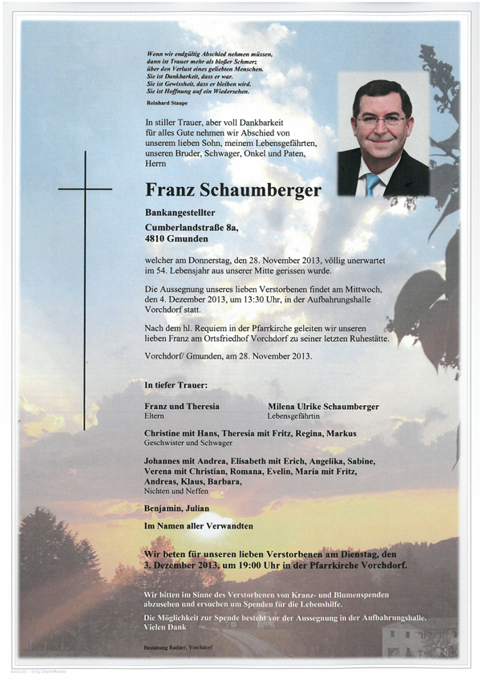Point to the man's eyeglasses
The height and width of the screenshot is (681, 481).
pos(382,120)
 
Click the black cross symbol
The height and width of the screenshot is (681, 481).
pos(85,190)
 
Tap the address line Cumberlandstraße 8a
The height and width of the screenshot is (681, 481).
pos(191,228)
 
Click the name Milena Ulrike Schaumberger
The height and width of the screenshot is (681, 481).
pos(323,407)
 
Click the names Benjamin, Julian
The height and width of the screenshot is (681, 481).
pos(176,508)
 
